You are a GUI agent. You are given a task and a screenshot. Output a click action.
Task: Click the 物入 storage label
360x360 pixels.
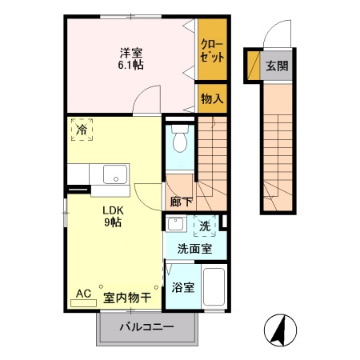coord(212,99)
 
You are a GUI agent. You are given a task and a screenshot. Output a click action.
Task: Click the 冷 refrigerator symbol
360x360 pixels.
coord(82,128)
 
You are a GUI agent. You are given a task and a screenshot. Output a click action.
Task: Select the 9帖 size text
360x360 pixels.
coord(112,223)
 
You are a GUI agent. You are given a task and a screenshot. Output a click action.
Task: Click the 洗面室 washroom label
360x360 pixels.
coord(194,249)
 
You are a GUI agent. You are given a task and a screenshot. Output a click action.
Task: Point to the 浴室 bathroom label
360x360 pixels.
coord(182,287)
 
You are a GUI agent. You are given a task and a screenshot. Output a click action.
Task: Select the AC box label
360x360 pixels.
coord(83,294)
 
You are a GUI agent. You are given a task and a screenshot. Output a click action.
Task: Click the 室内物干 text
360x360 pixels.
coord(127,297)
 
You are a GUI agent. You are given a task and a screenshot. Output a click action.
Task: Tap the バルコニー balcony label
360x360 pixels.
coord(147,327)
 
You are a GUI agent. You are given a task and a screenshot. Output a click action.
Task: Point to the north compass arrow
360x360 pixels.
coord(281,330)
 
